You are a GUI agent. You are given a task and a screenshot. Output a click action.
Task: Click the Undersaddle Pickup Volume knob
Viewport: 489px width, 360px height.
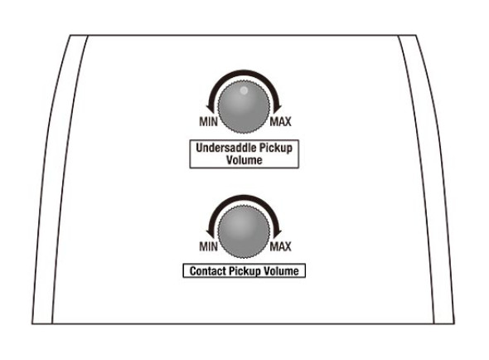[244, 107]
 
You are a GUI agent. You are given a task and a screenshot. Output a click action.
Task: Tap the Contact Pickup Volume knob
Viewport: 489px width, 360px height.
[244, 232]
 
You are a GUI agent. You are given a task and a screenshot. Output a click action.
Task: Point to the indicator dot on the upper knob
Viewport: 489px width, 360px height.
[244, 90]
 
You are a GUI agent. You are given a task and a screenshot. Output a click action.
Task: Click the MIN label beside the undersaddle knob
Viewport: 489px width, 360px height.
[208, 121]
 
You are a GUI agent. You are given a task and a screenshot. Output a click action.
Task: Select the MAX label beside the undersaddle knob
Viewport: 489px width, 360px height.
[280, 121]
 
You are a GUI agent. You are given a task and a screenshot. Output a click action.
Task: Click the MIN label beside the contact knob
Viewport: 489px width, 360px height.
[208, 246]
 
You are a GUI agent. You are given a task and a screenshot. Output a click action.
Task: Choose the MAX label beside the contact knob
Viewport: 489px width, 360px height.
[280, 246]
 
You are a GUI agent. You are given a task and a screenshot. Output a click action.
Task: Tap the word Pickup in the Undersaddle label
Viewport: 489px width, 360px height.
[276, 148]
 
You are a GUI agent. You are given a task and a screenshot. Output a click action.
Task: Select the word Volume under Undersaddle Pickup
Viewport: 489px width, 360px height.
[244, 160]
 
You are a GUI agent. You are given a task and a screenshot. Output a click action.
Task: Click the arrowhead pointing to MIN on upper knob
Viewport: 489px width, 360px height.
[211, 109]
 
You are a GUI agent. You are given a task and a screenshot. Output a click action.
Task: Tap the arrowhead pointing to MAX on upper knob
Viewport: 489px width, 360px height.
[277, 109]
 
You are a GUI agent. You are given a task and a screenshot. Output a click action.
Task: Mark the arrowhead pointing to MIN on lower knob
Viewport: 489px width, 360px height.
[211, 234]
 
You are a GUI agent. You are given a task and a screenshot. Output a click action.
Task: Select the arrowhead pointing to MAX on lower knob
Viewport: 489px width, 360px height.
[277, 234]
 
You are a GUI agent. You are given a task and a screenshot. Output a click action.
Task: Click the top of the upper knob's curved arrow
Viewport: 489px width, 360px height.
[244, 72]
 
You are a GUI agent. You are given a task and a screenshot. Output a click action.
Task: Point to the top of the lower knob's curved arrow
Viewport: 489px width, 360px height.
[244, 197]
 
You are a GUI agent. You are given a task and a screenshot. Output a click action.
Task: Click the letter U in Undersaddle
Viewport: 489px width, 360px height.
[200, 148]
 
